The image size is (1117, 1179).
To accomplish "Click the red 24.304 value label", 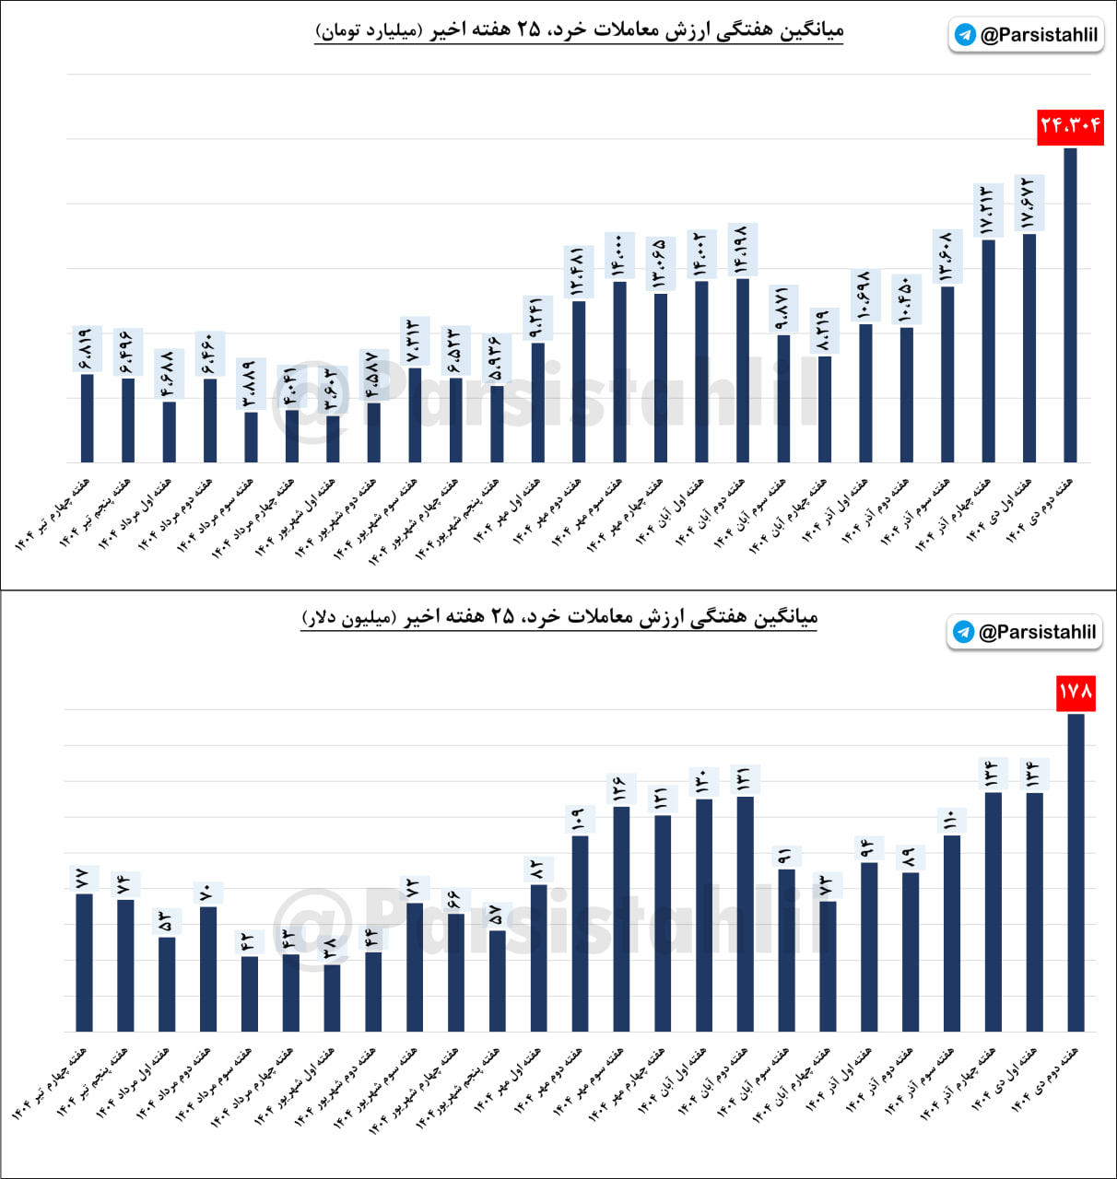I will tap(1070, 126).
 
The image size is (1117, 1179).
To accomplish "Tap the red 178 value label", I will tap(1076, 692).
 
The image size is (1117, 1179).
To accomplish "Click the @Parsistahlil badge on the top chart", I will tap(1026, 35).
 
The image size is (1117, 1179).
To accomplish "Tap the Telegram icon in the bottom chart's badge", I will tap(964, 632).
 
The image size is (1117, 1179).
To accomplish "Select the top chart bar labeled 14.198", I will tap(743, 370).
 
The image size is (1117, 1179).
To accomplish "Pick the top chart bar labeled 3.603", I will tap(333, 439).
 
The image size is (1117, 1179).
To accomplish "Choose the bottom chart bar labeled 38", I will tap(332, 998).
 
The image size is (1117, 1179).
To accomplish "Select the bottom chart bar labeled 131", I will tap(746, 914).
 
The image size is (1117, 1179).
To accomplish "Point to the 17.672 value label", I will tap(1029, 203).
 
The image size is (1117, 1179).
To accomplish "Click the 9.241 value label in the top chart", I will tap(537, 319).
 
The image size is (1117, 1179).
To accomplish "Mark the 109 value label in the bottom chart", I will tap(579, 820).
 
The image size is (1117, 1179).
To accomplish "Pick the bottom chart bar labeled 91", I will tap(786, 950).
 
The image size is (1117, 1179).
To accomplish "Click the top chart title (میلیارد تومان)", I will tap(579, 30).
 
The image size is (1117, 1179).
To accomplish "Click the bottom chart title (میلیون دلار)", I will tap(559, 616).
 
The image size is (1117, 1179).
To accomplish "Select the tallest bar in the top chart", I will tap(1070, 305).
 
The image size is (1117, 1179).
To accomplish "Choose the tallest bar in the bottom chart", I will tap(1076, 872).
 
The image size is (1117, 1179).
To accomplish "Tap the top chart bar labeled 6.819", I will tap(88, 418).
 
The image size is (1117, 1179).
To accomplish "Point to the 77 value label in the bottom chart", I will tap(83, 879).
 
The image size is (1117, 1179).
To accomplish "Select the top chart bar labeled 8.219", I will tap(825, 409).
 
